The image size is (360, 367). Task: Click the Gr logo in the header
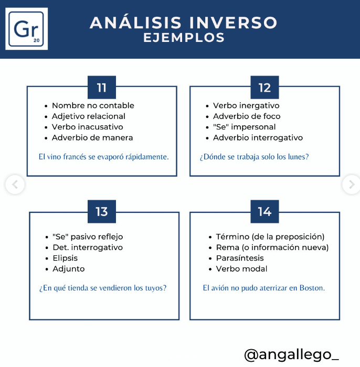click(26, 29)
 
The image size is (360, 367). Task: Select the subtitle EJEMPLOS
click(184, 38)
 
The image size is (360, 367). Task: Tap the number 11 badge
click(102, 88)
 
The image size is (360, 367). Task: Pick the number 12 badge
click(264, 88)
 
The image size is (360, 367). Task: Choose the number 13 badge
click(102, 211)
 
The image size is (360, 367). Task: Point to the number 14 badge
click(264, 211)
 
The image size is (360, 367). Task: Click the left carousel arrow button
click(15, 185)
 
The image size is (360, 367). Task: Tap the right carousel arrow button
click(352, 185)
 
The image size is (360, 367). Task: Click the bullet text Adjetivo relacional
click(89, 116)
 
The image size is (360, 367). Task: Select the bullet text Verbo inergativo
click(246, 105)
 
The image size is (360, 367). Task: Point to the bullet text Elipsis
click(65, 258)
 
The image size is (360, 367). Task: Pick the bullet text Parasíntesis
click(240, 258)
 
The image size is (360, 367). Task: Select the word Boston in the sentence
click(312, 288)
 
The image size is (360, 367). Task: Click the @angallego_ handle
click(291, 355)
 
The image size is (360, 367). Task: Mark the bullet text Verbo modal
click(241, 269)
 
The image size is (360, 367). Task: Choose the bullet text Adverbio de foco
click(247, 116)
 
